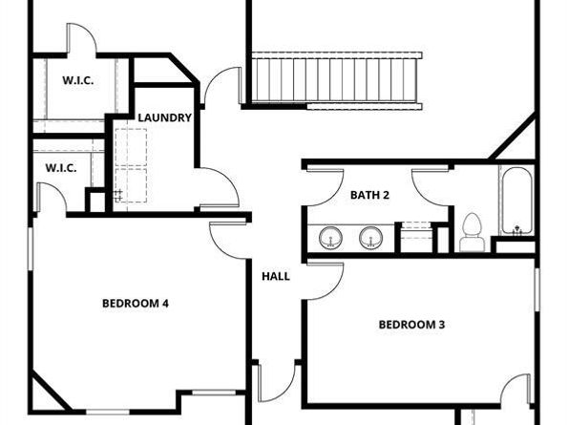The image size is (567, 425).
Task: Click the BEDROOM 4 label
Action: click(136, 303)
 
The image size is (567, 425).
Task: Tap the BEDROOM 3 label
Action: click(411, 325)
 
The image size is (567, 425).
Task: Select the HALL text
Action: click(276, 276)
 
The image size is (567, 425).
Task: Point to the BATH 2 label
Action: click(369, 195)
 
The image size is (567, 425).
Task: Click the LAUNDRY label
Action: click(164, 117)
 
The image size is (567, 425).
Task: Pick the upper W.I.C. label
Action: click(78, 80)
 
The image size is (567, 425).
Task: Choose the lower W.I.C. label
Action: click(61, 168)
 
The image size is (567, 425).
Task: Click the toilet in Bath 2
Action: click(472, 232)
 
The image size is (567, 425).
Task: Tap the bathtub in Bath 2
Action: click(516, 201)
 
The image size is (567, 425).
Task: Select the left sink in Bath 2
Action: click(330, 238)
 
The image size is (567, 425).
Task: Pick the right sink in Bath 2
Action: click(370, 238)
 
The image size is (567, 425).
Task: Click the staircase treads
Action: click(334, 80)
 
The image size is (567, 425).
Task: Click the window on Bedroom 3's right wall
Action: click(537, 289)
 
